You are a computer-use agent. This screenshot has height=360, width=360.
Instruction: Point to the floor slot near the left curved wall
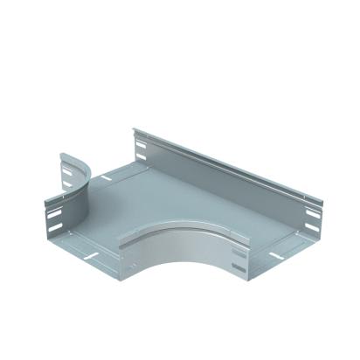click(106, 177)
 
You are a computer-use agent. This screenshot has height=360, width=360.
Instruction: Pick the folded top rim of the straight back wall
click(223, 165)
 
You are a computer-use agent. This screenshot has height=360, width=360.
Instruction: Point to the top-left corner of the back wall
click(134, 131)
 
